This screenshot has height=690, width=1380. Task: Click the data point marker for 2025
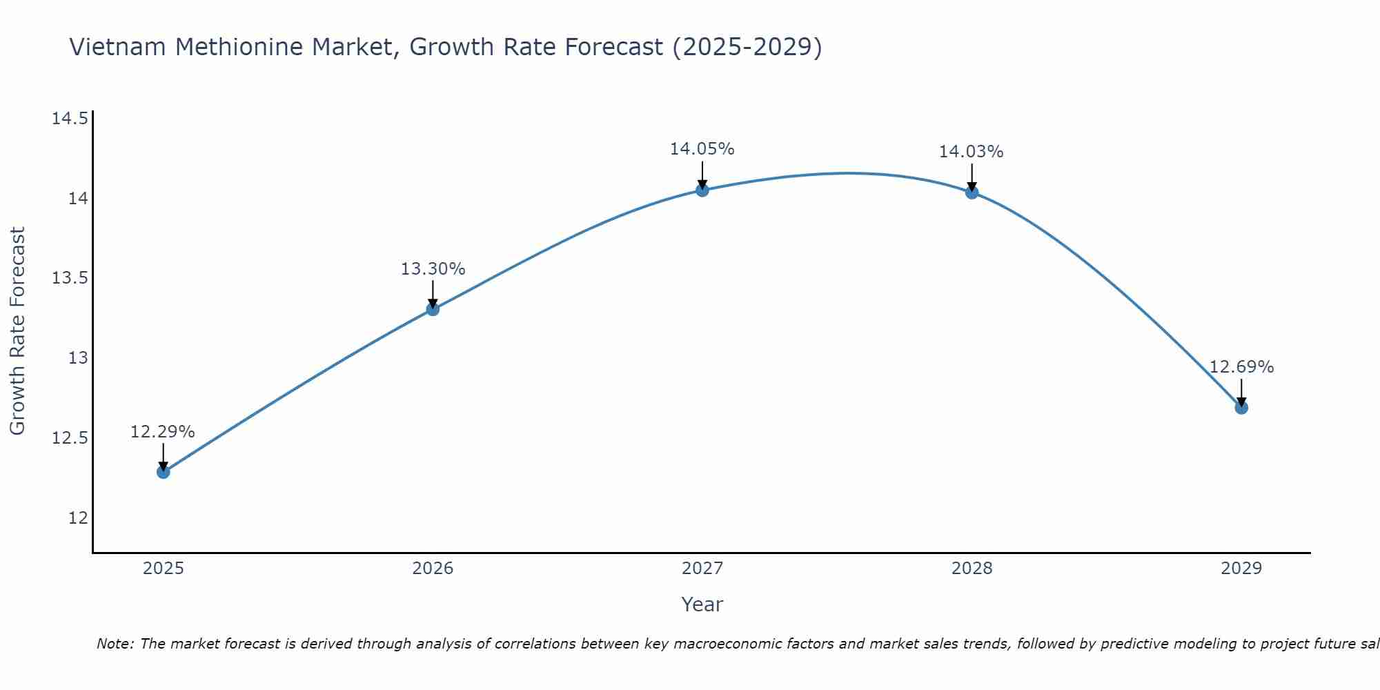coord(164,472)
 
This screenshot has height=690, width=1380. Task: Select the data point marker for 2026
coord(433,309)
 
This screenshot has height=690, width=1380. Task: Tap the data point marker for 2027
coord(702,190)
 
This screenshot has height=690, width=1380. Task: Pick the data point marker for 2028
coord(972,193)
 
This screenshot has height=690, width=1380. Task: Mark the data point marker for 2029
coord(1241,408)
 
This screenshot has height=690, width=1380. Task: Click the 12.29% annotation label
coord(163,432)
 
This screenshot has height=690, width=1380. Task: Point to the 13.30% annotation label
coord(433,269)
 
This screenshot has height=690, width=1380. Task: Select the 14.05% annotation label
coord(702,149)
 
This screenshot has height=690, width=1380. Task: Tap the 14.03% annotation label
coord(971,152)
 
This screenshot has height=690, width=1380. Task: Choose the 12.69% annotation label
coord(1241,367)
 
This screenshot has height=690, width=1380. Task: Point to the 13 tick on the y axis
coord(78,358)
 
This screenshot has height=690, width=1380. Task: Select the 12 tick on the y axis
coord(78,518)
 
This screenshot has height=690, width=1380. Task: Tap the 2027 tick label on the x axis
coord(702,569)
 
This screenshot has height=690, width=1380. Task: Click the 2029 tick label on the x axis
coord(1241,569)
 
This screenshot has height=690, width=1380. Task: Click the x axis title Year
coord(702,604)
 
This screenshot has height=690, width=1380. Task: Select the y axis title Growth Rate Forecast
coord(17,331)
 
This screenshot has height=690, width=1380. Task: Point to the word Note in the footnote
coord(115,644)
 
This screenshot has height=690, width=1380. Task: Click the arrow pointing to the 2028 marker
coord(972,177)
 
